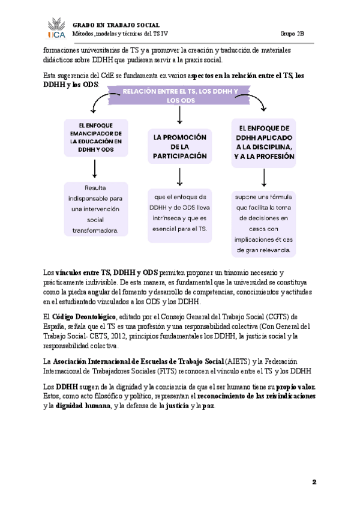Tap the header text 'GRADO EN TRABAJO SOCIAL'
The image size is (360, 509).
click(116, 25)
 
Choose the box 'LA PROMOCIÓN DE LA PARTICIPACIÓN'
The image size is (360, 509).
click(180, 146)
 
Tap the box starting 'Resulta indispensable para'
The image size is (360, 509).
click(96, 208)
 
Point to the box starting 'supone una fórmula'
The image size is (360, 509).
click(264, 223)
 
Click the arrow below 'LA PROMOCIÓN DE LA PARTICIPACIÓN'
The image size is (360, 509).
click(180, 176)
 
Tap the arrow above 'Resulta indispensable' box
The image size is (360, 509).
click(96, 170)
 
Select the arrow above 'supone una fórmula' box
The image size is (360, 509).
click(264, 177)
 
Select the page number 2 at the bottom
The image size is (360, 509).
click(313, 482)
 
